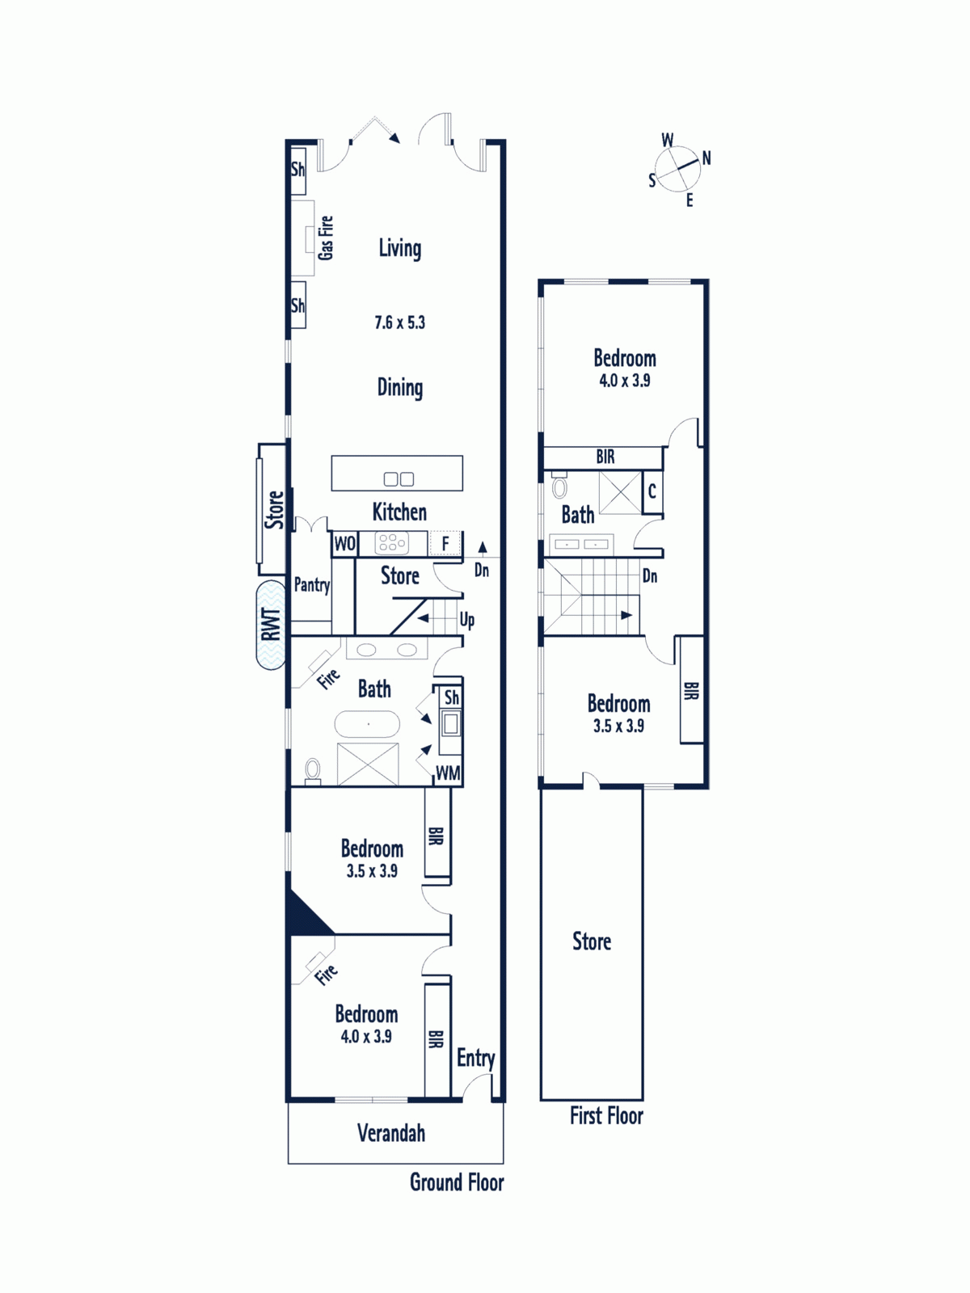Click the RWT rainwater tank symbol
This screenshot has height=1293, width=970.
pos(271,625)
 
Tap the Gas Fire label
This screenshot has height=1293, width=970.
pos(326,238)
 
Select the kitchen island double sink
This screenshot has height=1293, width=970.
pos(399,479)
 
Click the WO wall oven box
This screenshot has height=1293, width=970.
pos(344,543)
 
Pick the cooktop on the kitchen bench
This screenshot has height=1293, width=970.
pos(391,542)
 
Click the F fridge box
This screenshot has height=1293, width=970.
pos(445,543)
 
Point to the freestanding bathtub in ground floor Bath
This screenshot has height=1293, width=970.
pos(368,724)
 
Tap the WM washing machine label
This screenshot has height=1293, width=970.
pos(448,773)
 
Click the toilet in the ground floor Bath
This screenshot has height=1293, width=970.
pos(313,771)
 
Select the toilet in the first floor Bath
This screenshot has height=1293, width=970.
pos(559,486)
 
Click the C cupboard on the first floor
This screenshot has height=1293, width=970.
pos(652,491)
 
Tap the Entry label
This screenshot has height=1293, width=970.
pos(475,1059)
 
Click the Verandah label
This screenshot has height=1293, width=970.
pos(391,1133)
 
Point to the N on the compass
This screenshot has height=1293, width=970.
pos(706,158)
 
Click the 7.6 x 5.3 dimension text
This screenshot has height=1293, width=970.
pos(400,322)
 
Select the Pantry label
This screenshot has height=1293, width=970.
pos(311,585)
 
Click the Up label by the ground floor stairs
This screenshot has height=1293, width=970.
pos(467,621)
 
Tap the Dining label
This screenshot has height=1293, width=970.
pos(400,388)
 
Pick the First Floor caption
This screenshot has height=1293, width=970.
pos(606,1116)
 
